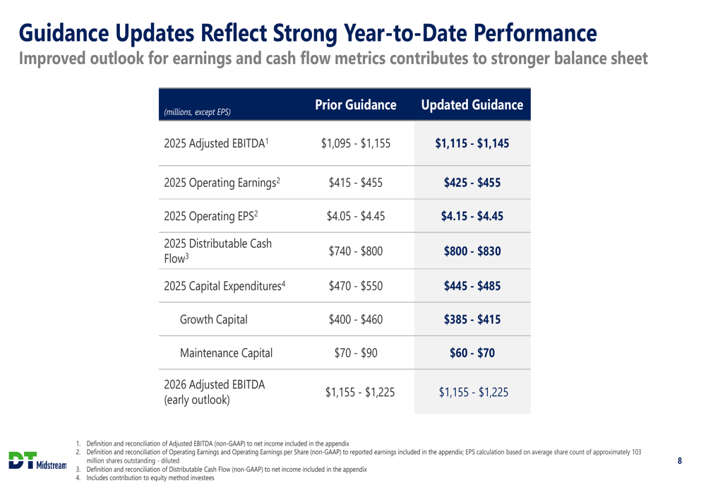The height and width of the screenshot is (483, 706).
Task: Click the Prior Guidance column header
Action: coord(355,105)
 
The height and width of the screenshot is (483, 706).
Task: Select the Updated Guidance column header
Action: coord(472,105)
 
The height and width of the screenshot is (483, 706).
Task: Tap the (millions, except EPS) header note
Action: coord(197,111)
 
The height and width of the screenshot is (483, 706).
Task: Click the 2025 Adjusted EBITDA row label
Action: coord(215,144)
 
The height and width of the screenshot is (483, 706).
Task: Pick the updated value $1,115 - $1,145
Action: coord(472,144)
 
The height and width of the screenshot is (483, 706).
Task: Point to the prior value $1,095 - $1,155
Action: coord(355,144)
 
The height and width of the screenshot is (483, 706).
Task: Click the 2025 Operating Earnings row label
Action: coord(222,183)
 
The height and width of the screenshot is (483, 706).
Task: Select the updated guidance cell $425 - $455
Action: coord(472,183)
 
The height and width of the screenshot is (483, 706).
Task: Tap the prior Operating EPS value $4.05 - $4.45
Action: coord(355,216)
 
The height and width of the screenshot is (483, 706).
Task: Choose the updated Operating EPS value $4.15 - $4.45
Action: coord(472,216)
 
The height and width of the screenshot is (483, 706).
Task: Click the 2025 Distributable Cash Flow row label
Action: coord(217,250)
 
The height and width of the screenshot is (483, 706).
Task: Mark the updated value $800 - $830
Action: coord(472,250)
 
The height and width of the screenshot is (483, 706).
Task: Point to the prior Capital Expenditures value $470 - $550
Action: coord(355,286)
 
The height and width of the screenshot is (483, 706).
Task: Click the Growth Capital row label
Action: coord(214,319)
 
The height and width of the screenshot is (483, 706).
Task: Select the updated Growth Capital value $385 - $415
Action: coord(472,319)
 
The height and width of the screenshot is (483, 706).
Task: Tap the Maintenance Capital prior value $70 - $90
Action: coord(355,353)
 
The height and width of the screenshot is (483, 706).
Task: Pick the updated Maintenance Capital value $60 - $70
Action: coord(472,353)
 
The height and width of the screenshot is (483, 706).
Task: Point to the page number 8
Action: coord(680,461)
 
